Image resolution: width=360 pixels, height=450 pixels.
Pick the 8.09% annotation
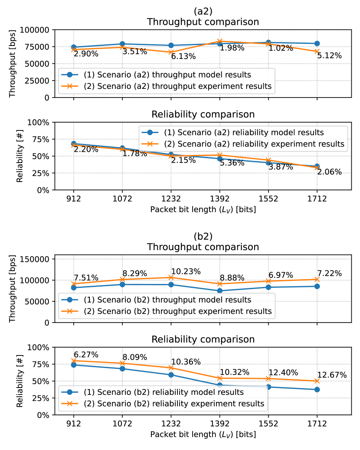tap(135, 357)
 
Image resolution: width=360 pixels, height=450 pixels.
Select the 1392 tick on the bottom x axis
tap(220, 424)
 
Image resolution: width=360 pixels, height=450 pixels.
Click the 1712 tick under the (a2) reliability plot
tap(317, 199)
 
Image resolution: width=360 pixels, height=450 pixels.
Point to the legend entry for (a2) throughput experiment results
tap(178, 86)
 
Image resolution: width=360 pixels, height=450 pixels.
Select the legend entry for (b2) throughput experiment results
tap(178, 311)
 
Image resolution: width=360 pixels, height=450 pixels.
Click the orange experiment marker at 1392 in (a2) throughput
tap(220, 41)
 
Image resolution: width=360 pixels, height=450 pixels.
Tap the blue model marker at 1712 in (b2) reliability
tap(317, 389)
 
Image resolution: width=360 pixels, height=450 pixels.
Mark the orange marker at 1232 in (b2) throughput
tap(171, 277)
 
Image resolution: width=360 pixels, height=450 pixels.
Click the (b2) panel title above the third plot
tap(203, 237)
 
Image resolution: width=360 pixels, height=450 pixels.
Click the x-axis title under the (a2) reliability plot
tap(203, 209)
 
